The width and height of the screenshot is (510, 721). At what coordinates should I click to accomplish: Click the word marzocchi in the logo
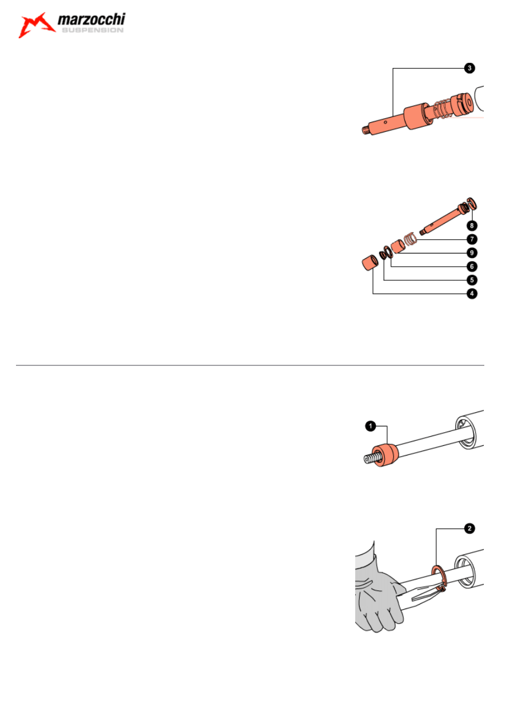91,19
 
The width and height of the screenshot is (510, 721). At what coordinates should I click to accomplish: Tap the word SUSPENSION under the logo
93,30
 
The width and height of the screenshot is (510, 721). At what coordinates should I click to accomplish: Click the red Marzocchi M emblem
37,25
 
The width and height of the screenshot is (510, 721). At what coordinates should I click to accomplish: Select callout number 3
469,69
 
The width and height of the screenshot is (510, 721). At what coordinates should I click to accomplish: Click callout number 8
472,225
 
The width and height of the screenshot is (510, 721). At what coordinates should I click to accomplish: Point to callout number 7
472,239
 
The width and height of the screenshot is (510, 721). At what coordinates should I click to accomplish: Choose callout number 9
472,253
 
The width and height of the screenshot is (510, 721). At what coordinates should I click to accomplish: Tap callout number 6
472,267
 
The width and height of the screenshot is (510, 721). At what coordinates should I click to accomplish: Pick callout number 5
472,280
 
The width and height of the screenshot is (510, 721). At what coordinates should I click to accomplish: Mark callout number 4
472,293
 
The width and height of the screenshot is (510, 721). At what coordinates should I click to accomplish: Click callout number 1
371,426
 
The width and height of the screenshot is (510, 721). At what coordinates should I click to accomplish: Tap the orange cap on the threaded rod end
385,454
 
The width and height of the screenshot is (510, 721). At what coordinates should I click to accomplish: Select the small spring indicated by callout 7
411,239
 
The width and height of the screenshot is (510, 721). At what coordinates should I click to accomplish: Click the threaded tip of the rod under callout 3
365,130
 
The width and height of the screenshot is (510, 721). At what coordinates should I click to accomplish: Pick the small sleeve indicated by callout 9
398,246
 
